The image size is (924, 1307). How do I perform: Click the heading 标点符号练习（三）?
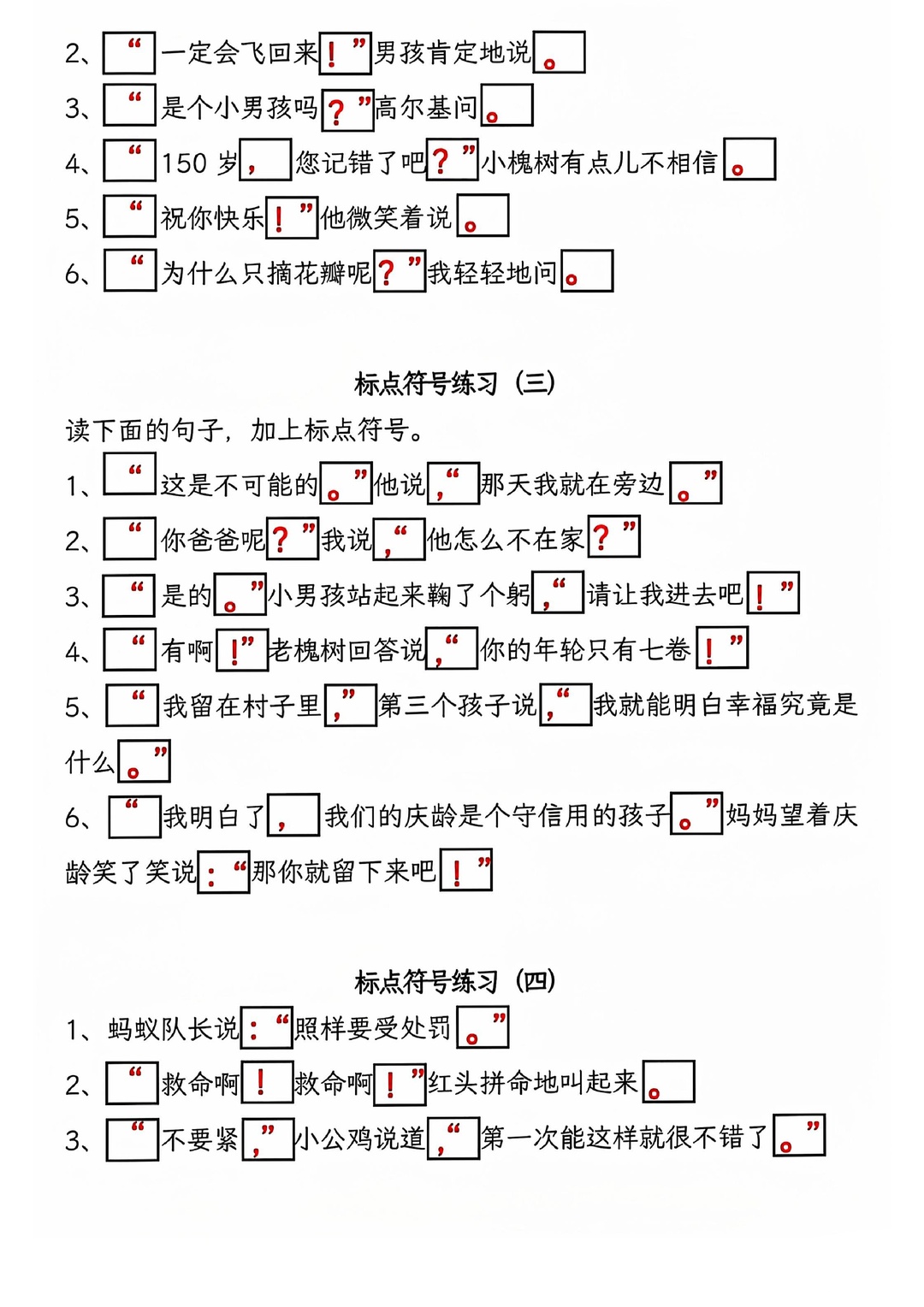(454, 383)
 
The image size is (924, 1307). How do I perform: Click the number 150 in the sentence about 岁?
(184, 163)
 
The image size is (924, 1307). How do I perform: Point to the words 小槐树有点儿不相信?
(600, 163)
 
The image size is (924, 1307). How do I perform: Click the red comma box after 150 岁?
(265, 159)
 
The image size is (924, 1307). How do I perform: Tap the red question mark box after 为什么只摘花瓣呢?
(400, 271)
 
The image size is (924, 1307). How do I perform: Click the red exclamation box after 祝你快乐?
(291, 217)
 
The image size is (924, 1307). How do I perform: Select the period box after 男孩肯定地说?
(559, 52)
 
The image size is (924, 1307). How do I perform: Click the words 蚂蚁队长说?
(174, 1028)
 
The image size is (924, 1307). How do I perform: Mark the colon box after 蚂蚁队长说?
(266, 1027)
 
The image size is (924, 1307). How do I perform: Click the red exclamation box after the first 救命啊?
(266, 1082)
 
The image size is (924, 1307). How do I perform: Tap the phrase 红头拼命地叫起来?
(533, 1083)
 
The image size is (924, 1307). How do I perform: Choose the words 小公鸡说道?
(360, 1138)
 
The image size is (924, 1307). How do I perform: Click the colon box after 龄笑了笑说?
(223, 872)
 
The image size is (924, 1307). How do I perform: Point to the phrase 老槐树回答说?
(346, 650)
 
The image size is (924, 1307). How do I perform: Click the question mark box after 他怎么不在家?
(613, 536)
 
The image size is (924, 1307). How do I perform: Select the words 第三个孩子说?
(457, 705)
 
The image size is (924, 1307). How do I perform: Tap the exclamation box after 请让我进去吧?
(773, 592)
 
